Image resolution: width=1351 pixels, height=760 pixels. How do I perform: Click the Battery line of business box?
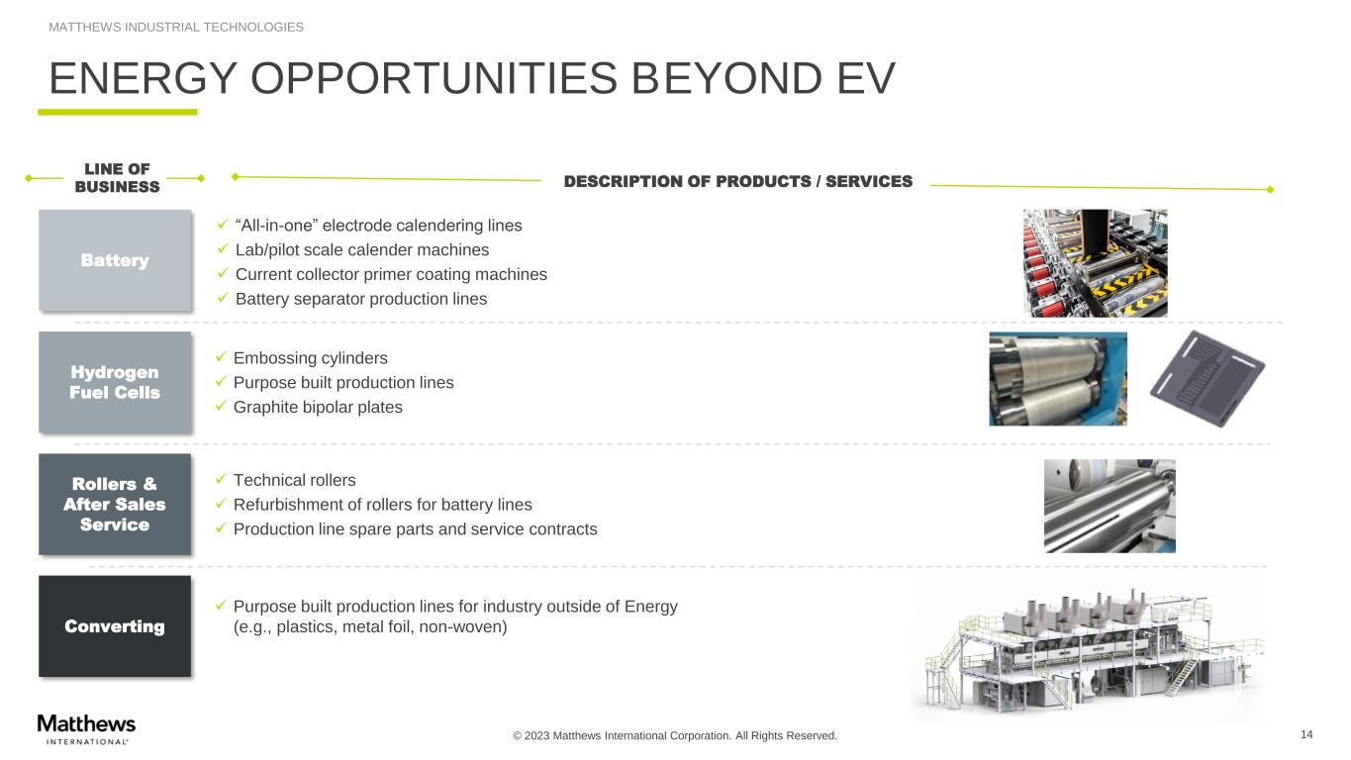tap(115, 260)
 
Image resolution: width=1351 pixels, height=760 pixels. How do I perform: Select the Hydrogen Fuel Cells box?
tap(115, 382)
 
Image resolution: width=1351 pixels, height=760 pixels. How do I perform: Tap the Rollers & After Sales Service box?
tap(115, 505)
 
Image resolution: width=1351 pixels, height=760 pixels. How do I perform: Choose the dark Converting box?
tap(115, 626)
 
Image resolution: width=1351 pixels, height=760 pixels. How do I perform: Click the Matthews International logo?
tap(86, 729)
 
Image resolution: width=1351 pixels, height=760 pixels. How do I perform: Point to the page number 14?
tap(1306, 734)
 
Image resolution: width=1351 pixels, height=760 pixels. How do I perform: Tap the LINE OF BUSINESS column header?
tap(117, 178)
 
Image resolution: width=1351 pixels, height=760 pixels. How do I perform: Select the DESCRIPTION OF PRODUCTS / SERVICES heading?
tap(738, 181)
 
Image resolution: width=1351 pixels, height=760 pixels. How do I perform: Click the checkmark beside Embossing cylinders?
tap(221, 357)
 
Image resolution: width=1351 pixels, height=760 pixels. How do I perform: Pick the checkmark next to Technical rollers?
tap(221, 479)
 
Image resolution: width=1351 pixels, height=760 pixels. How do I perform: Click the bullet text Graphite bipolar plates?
tap(318, 407)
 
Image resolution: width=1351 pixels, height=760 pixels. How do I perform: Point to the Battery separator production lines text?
tap(361, 299)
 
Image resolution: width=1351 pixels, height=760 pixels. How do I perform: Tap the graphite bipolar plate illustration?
tap(1207, 379)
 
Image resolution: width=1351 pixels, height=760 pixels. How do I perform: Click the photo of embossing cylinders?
tap(1058, 379)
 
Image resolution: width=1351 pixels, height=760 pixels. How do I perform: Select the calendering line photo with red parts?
tap(1096, 263)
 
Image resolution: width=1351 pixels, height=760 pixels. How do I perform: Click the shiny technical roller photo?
tap(1110, 506)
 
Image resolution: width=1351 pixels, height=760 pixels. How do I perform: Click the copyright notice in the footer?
tap(675, 735)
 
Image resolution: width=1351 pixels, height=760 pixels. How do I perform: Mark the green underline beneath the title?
tap(118, 112)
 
